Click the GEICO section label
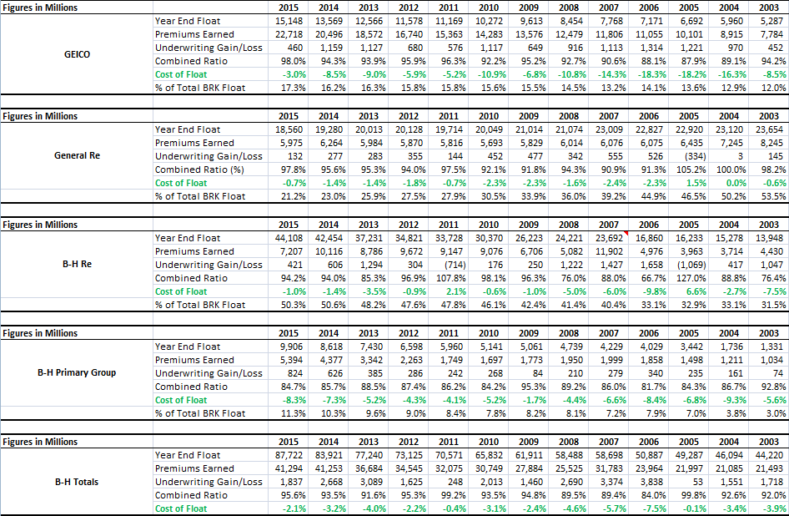[x=77, y=54]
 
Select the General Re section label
[x=77, y=155]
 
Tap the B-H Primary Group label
[x=77, y=373]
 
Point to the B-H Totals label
[x=77, y=482]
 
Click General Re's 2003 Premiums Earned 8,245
[x=771, y=143]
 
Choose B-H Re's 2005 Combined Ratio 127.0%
[x=691, y=278]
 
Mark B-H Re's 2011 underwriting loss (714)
[x=453, y=265]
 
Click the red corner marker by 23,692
[x=626, y=233]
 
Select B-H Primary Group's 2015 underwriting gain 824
[x=295, y=373]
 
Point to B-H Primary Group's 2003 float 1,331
[x=771, y=347]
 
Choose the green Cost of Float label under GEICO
[x=181, y=74]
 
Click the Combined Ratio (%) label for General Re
[x=199, y=169]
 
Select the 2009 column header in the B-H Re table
[x=528, y=225]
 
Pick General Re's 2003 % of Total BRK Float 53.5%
[x=773, y=196]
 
